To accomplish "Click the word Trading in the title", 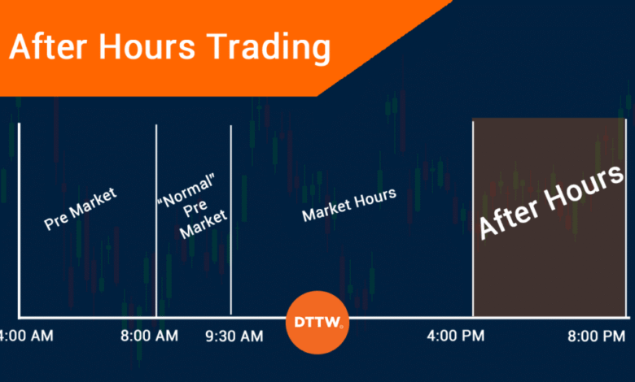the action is pos(269,48).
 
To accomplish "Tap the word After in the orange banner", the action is pos(48,46).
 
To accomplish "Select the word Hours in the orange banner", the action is pos(147,46).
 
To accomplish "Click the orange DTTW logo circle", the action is pos(317,322).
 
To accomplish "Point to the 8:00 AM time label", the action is pos(149,336).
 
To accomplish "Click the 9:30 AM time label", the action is pos(234,336).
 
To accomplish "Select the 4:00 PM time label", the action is pos(456,336).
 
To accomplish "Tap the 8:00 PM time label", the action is pos(596,336).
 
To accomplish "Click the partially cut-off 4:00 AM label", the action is pos(27,336).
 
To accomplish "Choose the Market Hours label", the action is pos(349,205).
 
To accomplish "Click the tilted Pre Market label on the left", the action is pos(80,209).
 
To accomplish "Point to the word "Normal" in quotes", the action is pos(186,190).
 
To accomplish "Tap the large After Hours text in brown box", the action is pos(551,202).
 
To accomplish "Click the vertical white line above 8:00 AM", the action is pos(156,221).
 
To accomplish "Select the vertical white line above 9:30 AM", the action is pos(231,220).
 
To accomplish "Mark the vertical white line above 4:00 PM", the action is pos(473,219).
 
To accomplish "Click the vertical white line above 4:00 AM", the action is pos(19,220).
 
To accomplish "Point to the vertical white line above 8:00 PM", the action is pos(626,218).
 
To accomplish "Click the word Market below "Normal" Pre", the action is pos(204,224).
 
